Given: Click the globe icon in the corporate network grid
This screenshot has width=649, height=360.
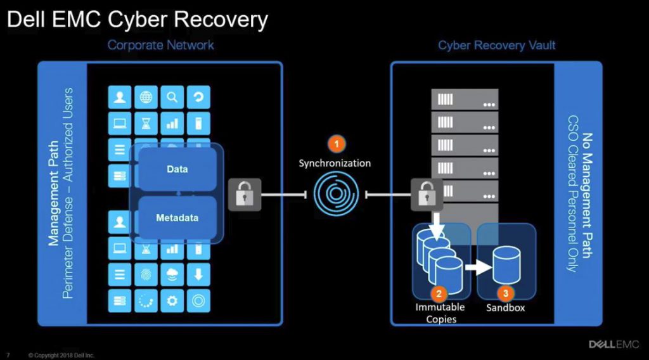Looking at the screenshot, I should coord(146,97).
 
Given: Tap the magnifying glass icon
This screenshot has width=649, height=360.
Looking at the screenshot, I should coord(172,97).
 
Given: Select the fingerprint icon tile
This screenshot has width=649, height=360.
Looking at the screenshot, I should coord(146,273).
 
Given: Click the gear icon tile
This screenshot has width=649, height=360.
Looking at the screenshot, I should coord(172,299).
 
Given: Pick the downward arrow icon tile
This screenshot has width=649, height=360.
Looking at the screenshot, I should coord(198,273).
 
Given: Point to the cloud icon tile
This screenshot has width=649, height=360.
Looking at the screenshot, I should coord(172,273).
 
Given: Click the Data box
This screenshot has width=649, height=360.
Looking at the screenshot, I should coord(177,169).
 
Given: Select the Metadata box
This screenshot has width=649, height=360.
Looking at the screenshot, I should coord(177,218).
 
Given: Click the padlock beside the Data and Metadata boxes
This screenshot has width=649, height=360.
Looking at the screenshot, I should coord(244,194).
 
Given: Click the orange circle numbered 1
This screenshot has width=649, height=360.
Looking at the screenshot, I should coord(336,144).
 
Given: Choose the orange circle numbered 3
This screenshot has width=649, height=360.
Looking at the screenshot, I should coord(505,293).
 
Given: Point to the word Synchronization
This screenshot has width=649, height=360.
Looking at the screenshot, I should coord(335,163).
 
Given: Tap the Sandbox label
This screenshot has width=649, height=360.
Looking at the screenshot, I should coord(505,308).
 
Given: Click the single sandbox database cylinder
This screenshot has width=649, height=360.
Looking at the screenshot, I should coord(506,264).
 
